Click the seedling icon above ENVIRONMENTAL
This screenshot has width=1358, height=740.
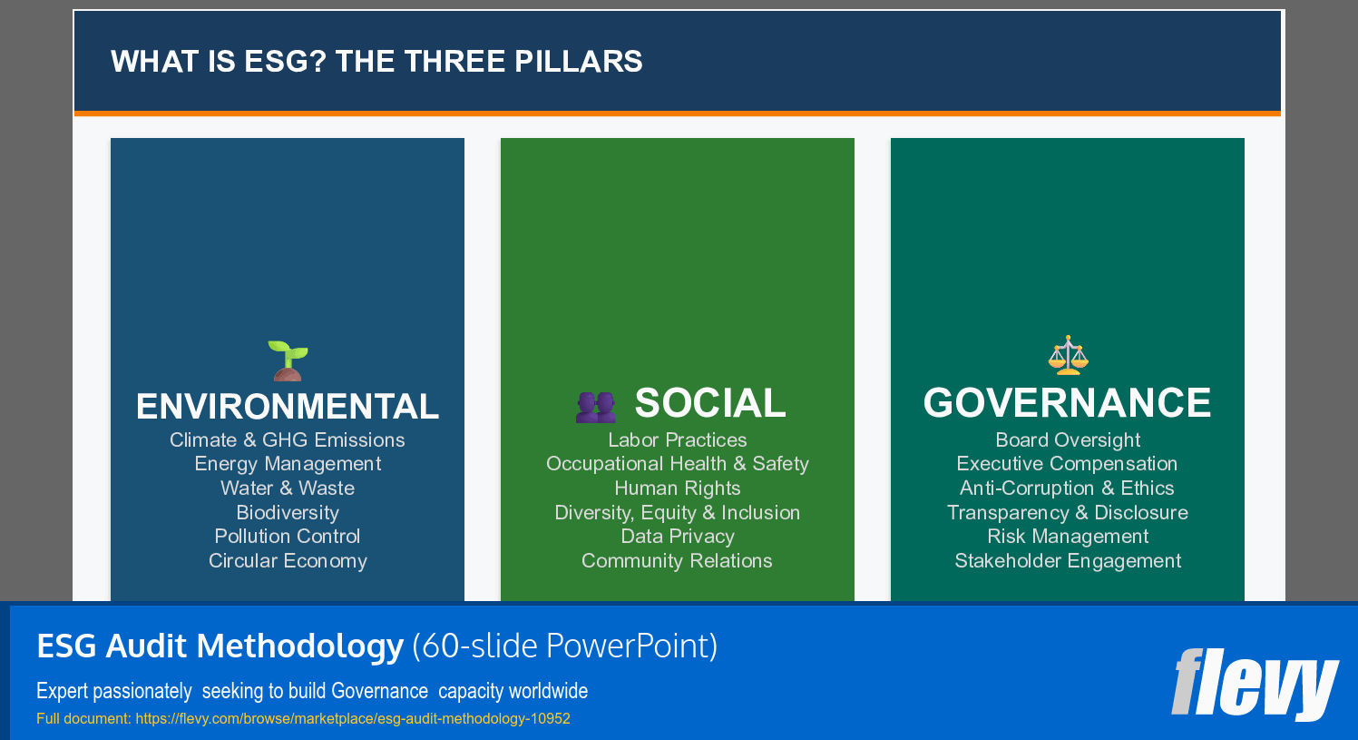tap(288, 360)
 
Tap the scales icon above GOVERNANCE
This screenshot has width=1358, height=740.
tap(1068, 355)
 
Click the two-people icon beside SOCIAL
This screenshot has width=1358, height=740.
tap(595, 407)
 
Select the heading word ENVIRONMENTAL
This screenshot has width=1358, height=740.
tap(288, 407)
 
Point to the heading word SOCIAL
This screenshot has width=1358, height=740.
tap(710, 403)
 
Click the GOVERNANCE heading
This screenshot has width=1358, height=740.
tap(1067, 403)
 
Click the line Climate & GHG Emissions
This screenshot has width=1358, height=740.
tap(288, 440)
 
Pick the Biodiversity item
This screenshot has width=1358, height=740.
tap(288, 513)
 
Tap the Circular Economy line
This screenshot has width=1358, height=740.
tap(288, 561)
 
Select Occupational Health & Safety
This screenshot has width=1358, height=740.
tap(677, 464)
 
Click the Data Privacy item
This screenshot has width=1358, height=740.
tap(677, 537)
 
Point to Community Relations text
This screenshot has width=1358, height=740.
tap(677, 561)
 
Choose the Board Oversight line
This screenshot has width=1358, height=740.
tap(1068, 440)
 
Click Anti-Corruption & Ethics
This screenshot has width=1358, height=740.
tap(1067, 488)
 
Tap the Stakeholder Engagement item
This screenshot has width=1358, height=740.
tap(1068, 561)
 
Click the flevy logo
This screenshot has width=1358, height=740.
tap(1255, 683)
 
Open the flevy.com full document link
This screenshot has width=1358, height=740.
tap(353, 719)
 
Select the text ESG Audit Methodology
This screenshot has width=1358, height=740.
tap(220, 646)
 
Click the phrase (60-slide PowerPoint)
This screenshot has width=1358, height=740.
tap(564, 646)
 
